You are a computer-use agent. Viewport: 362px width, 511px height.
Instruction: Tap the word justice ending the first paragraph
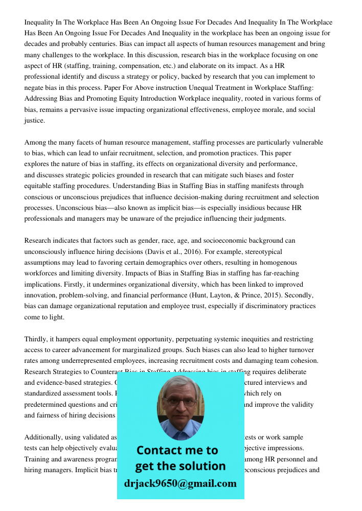[34, 121]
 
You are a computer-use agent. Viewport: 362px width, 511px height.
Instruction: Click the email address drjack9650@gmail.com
[180, 483]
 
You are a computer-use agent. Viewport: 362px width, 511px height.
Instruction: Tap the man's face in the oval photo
[180, 404]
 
